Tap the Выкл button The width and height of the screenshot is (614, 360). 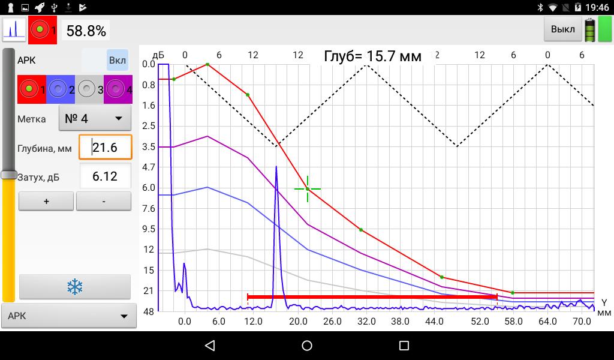[x=562, y=29]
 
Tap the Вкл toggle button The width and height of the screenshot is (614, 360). [x=118, y=61]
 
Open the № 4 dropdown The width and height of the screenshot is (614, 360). [x=95, y=118]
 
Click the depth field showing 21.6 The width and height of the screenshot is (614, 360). [x=105, y=147]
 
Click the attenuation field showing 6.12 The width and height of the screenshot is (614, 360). [x=105, y=176]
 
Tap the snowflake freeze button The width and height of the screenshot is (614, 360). [x=74, y=287]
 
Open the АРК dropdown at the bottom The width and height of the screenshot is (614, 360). [x=69, y=316]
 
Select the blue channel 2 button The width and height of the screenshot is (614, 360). [x=60, y=89]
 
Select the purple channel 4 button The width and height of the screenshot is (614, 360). [x=118, y=89]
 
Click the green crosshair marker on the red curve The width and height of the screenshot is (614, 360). [x=308, y=189]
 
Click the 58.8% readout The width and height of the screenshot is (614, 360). [x=86, y=31]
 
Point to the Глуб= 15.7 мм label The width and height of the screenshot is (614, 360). [x=372, y=56]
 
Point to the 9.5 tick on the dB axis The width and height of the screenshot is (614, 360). [x=148, y=229]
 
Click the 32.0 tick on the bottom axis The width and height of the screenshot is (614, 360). [x=366, y=322]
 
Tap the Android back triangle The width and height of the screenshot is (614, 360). [x=209, y=346]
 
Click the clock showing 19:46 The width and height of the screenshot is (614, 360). [x=597, y=8]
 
